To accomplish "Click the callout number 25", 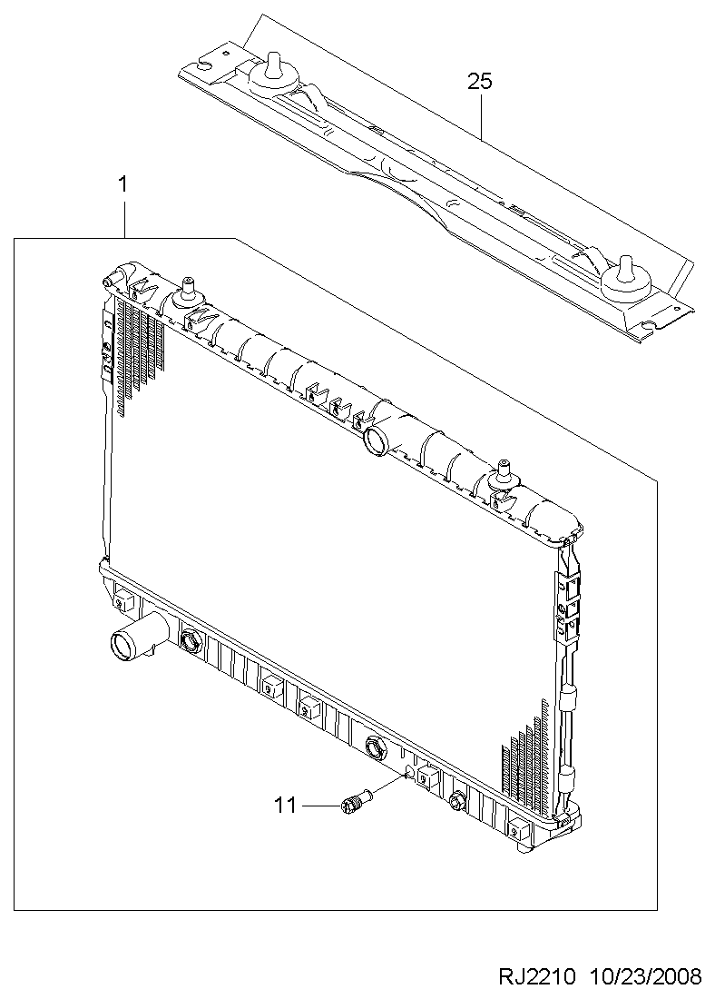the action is (x=480, y=82).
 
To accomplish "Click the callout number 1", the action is (x=122, y=184).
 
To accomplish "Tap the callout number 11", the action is (x=286, y=806).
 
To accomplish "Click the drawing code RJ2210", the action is (x=537, y=976).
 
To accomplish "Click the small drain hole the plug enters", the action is (x=409, y=774).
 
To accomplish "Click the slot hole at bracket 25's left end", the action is (x=206, y=63).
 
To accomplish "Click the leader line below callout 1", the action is (x=124, y=217).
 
